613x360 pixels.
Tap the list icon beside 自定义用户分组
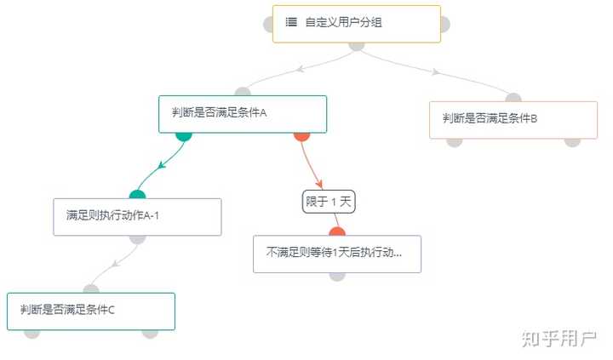pos(291,23)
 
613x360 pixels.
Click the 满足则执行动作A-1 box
pos(137,216)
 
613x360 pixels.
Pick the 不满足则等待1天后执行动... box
pos(337,254)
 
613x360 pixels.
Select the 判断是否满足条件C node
pos(91,311)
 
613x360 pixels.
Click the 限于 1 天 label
pos(329,202)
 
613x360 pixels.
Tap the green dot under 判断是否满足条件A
pos(183,134)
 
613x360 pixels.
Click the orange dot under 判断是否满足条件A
pos(301,134)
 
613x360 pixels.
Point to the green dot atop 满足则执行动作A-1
pos(137,195)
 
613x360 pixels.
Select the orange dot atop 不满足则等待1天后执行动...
pos(337,231)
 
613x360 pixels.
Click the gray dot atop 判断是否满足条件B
pos(513,98)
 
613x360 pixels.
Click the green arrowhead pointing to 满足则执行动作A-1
pos(162,165)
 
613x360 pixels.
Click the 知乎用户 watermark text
pos(559,338)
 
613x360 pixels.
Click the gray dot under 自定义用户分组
pos(356,45)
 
